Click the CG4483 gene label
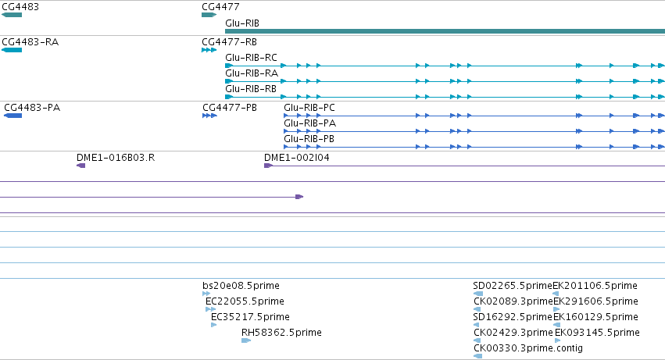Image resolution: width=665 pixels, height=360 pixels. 20,7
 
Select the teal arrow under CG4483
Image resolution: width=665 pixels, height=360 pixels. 12,15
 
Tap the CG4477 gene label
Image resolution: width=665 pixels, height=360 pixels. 220,7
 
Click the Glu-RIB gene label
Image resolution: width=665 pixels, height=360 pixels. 242,23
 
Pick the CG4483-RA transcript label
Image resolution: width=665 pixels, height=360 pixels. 30,42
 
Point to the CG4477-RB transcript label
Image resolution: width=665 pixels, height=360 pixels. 230,42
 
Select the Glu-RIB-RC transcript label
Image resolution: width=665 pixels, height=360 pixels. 251,58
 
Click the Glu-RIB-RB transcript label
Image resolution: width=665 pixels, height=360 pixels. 251,89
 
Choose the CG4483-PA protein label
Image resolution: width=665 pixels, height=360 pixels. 32,108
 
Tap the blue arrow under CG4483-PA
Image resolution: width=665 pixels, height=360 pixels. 13,116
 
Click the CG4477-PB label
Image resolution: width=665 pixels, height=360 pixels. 230,108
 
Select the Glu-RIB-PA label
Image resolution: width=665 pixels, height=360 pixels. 310,123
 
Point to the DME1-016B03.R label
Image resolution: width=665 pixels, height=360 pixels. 116,158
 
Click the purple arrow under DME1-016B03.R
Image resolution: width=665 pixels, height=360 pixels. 81,166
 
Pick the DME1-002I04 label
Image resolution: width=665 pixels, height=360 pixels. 297,158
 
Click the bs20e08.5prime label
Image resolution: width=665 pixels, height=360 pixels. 241,286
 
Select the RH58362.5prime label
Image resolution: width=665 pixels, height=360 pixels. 281,333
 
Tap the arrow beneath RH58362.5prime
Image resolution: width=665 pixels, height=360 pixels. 246,340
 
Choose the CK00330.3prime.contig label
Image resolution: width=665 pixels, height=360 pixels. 528,348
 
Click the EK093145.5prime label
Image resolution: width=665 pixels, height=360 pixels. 597,333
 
